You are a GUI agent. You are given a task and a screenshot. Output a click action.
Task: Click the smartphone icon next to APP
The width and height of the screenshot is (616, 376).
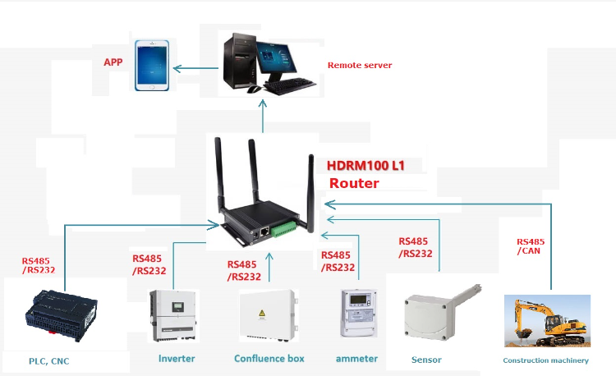[x=152, y=65]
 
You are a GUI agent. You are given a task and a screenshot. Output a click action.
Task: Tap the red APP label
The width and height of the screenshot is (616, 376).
[x=113, y=62]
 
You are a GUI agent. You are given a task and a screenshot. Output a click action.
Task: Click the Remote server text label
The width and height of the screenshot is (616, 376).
[x=360, y=65]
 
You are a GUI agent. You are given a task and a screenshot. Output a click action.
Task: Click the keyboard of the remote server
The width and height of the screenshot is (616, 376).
[x=290, y=85]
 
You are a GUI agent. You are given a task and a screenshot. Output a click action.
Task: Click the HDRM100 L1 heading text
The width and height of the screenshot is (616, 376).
[x=365, y=165]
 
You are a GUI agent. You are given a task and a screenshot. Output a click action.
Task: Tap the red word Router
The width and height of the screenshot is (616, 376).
[x=354, y=183]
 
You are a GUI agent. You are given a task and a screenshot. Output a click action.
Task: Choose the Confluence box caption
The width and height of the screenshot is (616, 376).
[x=269, y=359]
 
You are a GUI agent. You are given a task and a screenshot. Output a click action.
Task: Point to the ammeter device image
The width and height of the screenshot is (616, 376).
[x=358, y=312]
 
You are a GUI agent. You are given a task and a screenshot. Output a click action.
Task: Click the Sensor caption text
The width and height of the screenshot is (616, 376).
[x=425, y=360]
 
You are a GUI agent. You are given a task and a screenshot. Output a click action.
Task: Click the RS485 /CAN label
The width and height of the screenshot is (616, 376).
[x=530, y=246]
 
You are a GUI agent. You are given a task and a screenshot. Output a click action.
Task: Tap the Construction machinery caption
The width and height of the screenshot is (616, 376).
[x=545, y=360]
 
